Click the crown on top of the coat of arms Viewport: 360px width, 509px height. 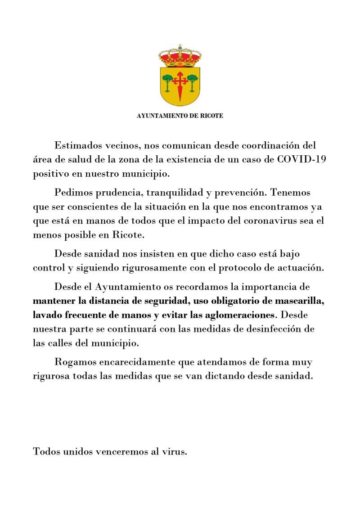pyautogui.click(x=180, y=56)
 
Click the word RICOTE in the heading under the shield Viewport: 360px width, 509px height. pyautogui.click(x=211, y=116)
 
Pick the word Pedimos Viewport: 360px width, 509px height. pyautogui.click(x=74, y=193)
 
